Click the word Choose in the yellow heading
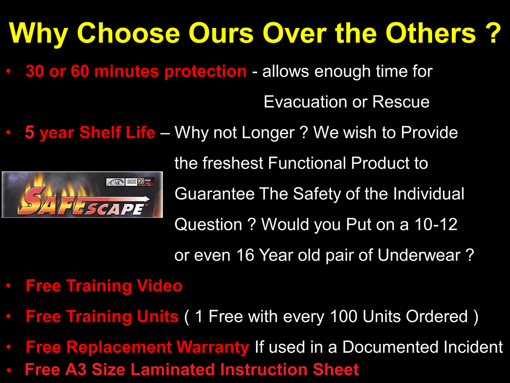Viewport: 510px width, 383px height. [128, 33]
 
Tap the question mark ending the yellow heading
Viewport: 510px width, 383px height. [493, 33]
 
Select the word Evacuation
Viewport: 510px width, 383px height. [306, 102]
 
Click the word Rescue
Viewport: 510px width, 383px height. [401, 102]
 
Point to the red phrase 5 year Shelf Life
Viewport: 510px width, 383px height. [90, 132]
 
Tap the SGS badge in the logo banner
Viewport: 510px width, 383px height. [131, 182]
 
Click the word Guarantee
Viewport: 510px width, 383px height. [215, 194]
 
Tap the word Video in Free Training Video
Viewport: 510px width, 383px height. [160, 286]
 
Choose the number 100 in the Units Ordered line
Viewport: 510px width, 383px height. [343, 316]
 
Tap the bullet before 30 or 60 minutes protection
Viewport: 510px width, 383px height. [9, 71]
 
